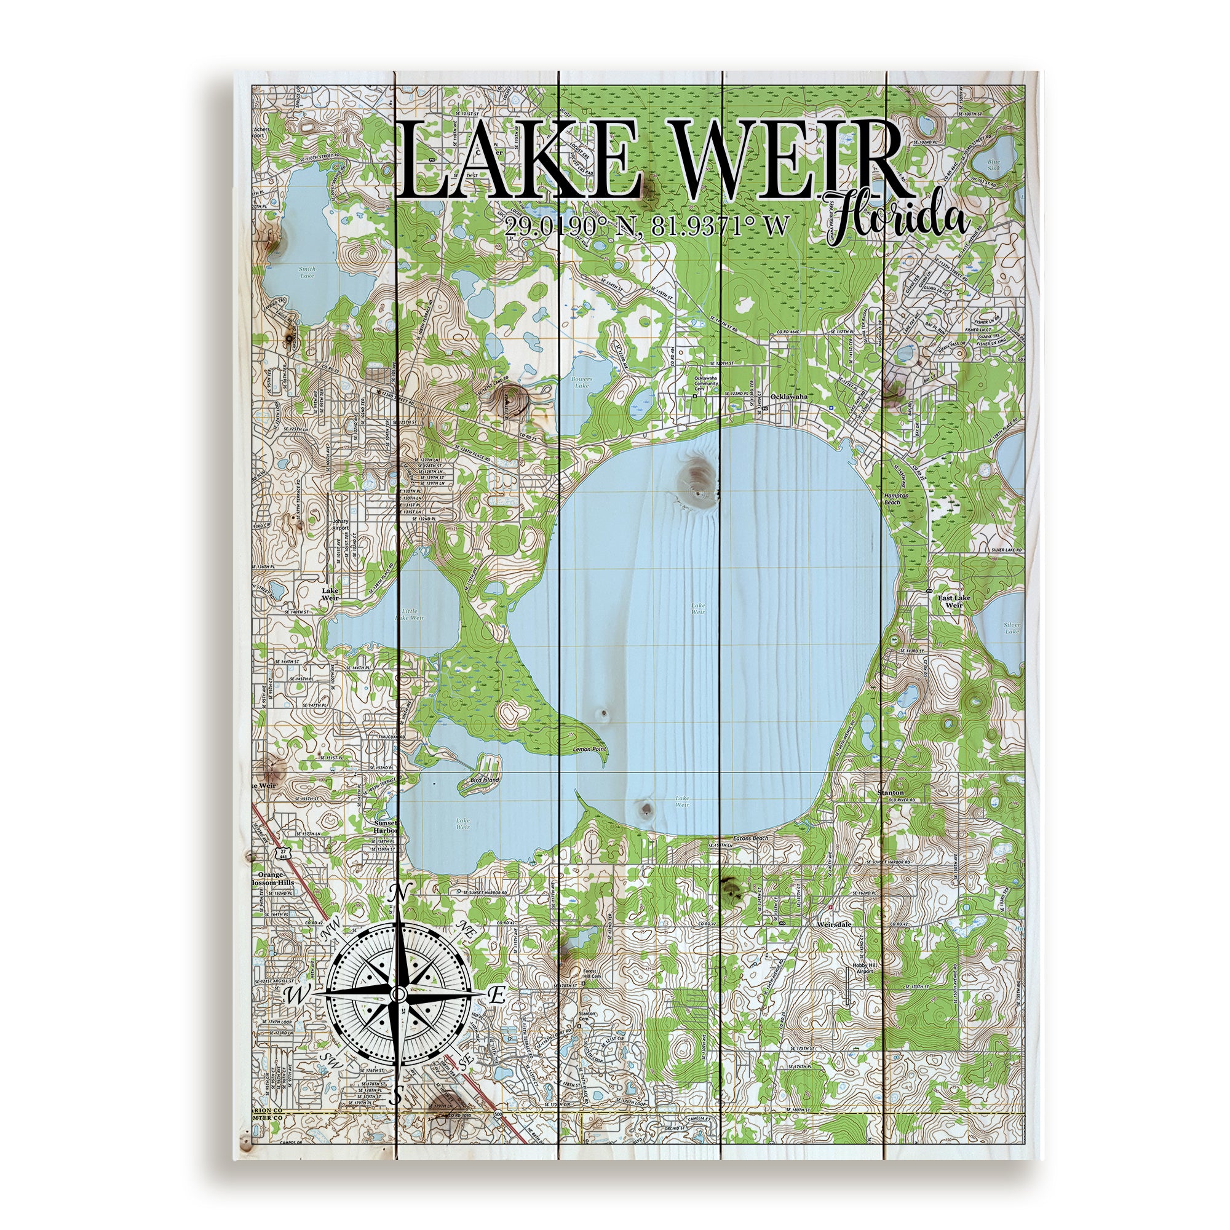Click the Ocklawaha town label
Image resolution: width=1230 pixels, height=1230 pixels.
788,396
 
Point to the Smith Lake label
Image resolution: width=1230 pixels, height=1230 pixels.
307,272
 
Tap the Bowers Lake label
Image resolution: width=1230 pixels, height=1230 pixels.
582,383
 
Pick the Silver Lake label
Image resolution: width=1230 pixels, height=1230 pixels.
1012,629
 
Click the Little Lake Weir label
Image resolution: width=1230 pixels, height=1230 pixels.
410,614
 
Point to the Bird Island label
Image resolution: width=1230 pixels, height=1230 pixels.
485,779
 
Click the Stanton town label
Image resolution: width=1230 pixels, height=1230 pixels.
890,793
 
